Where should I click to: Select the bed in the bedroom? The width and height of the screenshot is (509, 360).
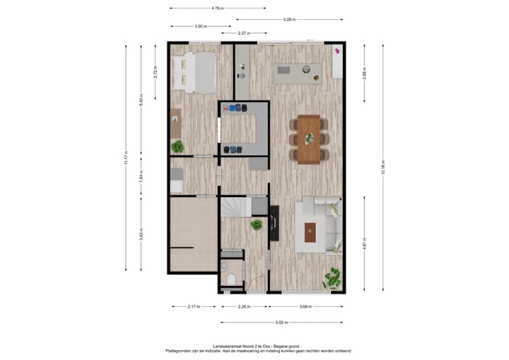[198, 72]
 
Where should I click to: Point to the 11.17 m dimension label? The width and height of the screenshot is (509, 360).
[126, 157]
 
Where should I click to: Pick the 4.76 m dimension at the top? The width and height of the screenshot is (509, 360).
[217, 8]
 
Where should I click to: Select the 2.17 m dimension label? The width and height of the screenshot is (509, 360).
[192, 307]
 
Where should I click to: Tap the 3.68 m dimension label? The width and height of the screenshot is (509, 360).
[305, 307]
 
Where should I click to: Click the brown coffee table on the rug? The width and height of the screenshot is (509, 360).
[310, 231]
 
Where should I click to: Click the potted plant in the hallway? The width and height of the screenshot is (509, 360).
[257, 225]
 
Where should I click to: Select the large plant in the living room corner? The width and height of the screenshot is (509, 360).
[332, 277]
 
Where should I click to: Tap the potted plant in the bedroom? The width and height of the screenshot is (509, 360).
[177, 146]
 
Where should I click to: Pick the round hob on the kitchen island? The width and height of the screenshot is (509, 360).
[307, 69]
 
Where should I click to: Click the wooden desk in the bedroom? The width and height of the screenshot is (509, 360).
[175, 123]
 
